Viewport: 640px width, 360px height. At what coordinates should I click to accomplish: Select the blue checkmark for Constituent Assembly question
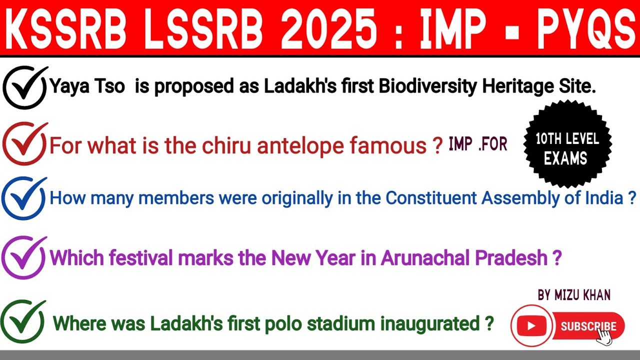pos(24,198)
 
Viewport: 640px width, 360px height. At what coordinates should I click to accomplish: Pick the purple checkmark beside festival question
pos(24,258)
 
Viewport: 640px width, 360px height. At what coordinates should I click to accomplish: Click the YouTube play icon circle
pos(531,326)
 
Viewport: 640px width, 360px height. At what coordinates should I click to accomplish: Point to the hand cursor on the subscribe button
pos(604,336)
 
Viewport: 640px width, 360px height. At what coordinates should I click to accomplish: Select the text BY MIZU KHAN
pos(574,295)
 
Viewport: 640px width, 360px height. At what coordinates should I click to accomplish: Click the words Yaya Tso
pos(87,87)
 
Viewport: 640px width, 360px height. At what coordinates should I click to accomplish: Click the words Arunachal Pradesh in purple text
pos(464,258)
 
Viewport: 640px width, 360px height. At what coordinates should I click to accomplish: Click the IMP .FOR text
pos(478,144)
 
